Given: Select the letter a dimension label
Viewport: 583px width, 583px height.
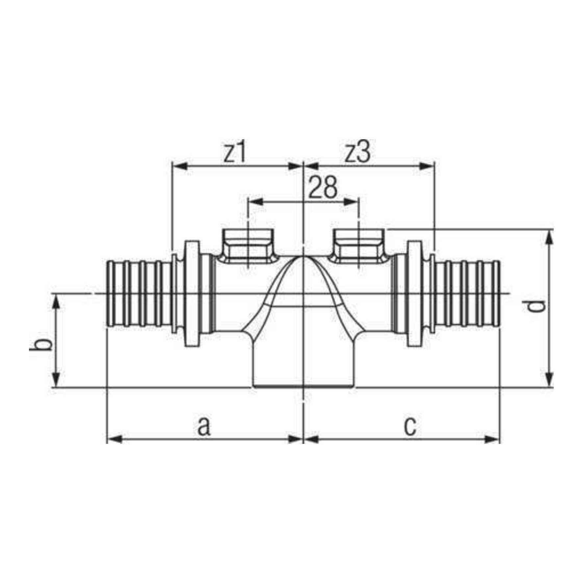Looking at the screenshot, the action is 204,427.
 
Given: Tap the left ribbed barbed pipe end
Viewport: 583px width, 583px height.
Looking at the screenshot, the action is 139,293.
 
